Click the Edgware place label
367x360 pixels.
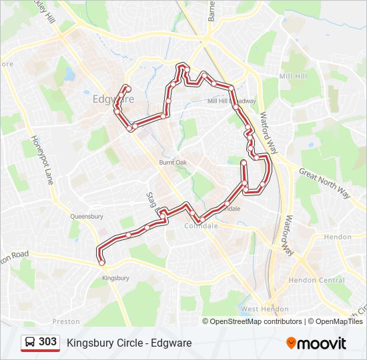click(113, 99)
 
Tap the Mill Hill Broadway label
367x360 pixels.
click(232, 101)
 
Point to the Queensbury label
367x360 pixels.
click(87, 217)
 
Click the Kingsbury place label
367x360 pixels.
click(115, 278)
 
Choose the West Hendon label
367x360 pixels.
click(265, 309)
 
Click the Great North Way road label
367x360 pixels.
click(324, 182)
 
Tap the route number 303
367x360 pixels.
click(47, 342)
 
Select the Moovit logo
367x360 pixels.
click(316, 343)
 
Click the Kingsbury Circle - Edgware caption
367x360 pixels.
click(129, 343)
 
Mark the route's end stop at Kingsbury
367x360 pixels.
click(102, 263)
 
